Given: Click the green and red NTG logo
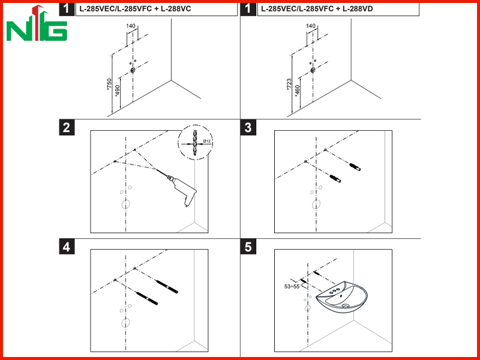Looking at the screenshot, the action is (37, 23).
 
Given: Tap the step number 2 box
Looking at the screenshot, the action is (67, 127).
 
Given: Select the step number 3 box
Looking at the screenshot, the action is (248, 127).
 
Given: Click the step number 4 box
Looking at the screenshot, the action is (67, 247).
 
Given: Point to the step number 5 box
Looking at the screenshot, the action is (248, 247).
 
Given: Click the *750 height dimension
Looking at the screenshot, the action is (109, 84).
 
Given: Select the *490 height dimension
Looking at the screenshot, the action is (117, 91).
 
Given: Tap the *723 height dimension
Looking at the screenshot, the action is (289, 85).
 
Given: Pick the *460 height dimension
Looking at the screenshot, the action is (297, 91).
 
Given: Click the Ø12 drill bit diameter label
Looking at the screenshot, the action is (207, 141).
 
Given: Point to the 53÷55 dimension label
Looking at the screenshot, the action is (292, 287).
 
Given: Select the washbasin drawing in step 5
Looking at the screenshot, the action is (341, 297).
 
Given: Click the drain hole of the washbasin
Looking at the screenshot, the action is (346, 305).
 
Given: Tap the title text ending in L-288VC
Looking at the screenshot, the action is (135, 9).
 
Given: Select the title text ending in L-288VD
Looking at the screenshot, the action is (317, 9).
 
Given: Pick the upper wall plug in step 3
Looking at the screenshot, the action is (355, 167).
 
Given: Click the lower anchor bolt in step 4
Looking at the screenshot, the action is (147, 298).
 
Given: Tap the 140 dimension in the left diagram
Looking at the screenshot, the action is (131, 26).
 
